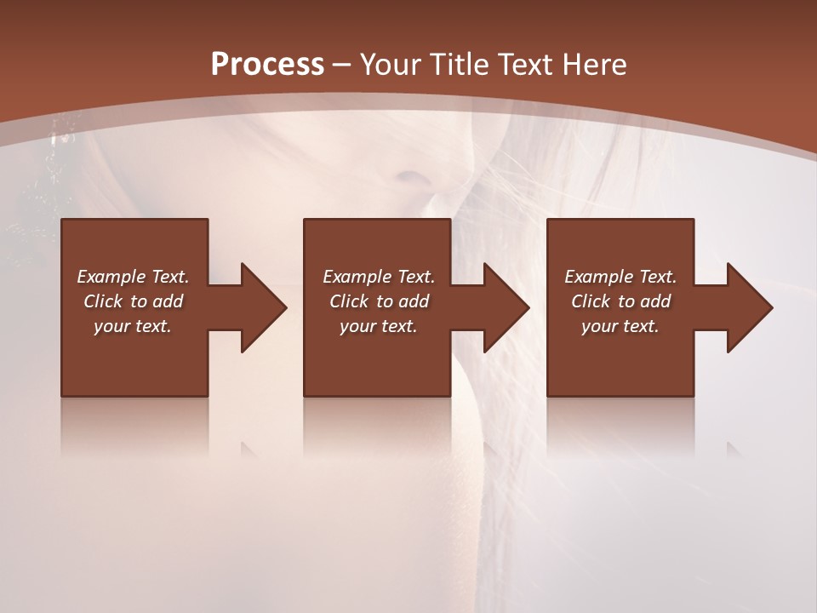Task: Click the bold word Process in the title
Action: [267, 65]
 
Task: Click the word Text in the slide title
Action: [526, 65]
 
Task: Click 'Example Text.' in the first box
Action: [133, 277]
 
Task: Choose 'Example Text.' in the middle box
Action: [379, 277]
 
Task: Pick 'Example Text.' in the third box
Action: [620, 277]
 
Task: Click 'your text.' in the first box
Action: [133, 326]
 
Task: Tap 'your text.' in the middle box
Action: [379, 326]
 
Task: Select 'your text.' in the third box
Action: [620, 326]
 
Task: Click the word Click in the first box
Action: [104, 301]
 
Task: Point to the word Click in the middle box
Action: [350, 301]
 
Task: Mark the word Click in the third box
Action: [591, 301]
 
